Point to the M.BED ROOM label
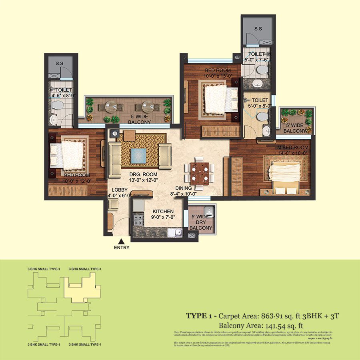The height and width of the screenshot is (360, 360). click(293, 147)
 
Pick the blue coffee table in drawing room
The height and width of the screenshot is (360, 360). click(138, 154)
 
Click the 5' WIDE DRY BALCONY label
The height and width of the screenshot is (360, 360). click(201, 222)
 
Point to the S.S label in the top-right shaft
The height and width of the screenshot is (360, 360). click(258, 29)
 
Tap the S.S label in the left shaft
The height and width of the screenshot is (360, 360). click(60, 64)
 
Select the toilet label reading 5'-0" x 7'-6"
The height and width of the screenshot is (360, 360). click(256, 57)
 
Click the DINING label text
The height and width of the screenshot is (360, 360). click(184, 188)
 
